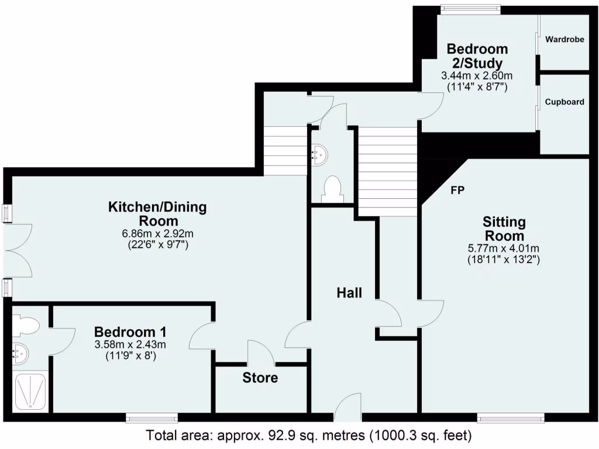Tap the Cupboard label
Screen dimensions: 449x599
pos(564,102)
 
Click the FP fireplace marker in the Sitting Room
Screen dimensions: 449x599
pos(458,190)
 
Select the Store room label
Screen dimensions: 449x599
pos(260,378)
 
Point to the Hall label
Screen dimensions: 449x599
pos(349,292)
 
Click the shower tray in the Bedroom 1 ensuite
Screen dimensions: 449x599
pos(30,391)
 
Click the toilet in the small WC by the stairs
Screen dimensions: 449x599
pos(332,189)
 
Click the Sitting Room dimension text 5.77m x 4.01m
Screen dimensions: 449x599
pos(504,247)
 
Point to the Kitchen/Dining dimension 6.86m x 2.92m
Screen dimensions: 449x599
pos(157,234)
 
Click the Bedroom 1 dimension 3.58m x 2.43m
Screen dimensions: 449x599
pos(130,344)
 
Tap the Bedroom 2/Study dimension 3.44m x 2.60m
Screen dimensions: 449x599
pos(477,76)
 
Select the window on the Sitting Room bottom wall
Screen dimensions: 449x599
pos(511,417)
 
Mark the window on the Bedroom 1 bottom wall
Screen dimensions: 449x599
pos(152,417)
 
